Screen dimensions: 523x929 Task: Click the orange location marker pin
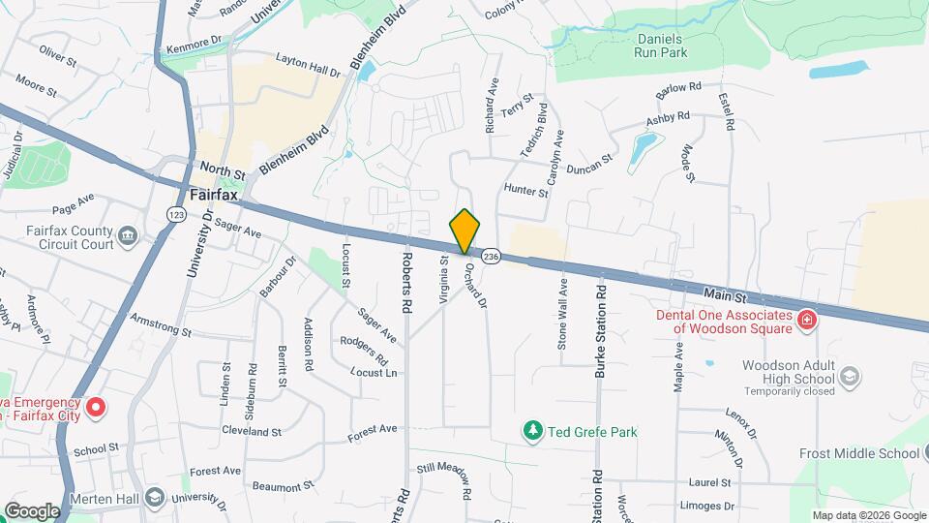coord(464,231)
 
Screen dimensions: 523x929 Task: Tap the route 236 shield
coord(491,257)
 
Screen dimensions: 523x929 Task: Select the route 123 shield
coord(176,214)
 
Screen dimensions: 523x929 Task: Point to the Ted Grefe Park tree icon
coord(531,430)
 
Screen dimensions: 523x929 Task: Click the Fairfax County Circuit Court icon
coord(127,235)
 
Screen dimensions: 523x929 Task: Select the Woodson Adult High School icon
coord(849,376)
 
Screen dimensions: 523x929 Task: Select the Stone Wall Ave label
coord(562,314)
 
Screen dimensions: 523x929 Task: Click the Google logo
coord(32,511)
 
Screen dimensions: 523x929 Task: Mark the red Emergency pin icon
coord(95,407)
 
